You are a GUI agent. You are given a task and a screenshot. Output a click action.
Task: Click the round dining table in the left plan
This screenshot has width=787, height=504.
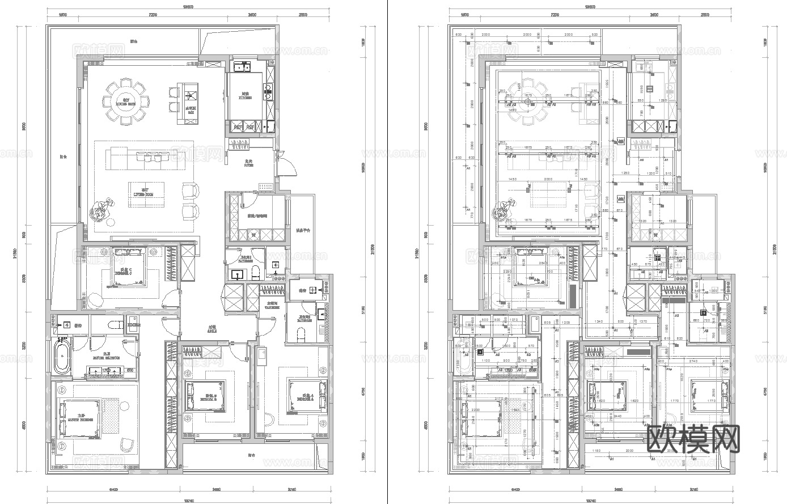[x=126, y=102]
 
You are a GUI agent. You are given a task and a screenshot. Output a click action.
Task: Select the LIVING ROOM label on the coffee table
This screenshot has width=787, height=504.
[x=145, y=192]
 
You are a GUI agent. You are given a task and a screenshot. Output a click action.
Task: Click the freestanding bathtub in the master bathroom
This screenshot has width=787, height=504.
[x=62, y=356]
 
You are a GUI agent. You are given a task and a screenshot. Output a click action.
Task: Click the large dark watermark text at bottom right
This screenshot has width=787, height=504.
[x=693, y=439]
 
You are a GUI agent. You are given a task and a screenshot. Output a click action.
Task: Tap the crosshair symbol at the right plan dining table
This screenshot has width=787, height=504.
[x=528, y=102]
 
